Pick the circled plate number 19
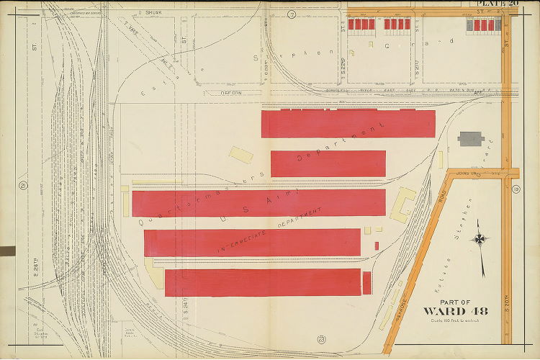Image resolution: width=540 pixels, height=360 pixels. point(516,189)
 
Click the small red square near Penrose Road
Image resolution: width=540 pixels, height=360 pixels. point(377,246)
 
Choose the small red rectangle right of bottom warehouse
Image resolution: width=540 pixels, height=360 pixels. point(366,282)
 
